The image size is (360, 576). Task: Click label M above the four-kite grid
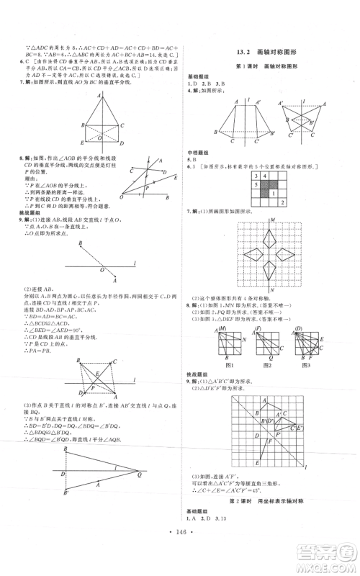pos(271,221)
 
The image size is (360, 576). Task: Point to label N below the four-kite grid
pos(271,291)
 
